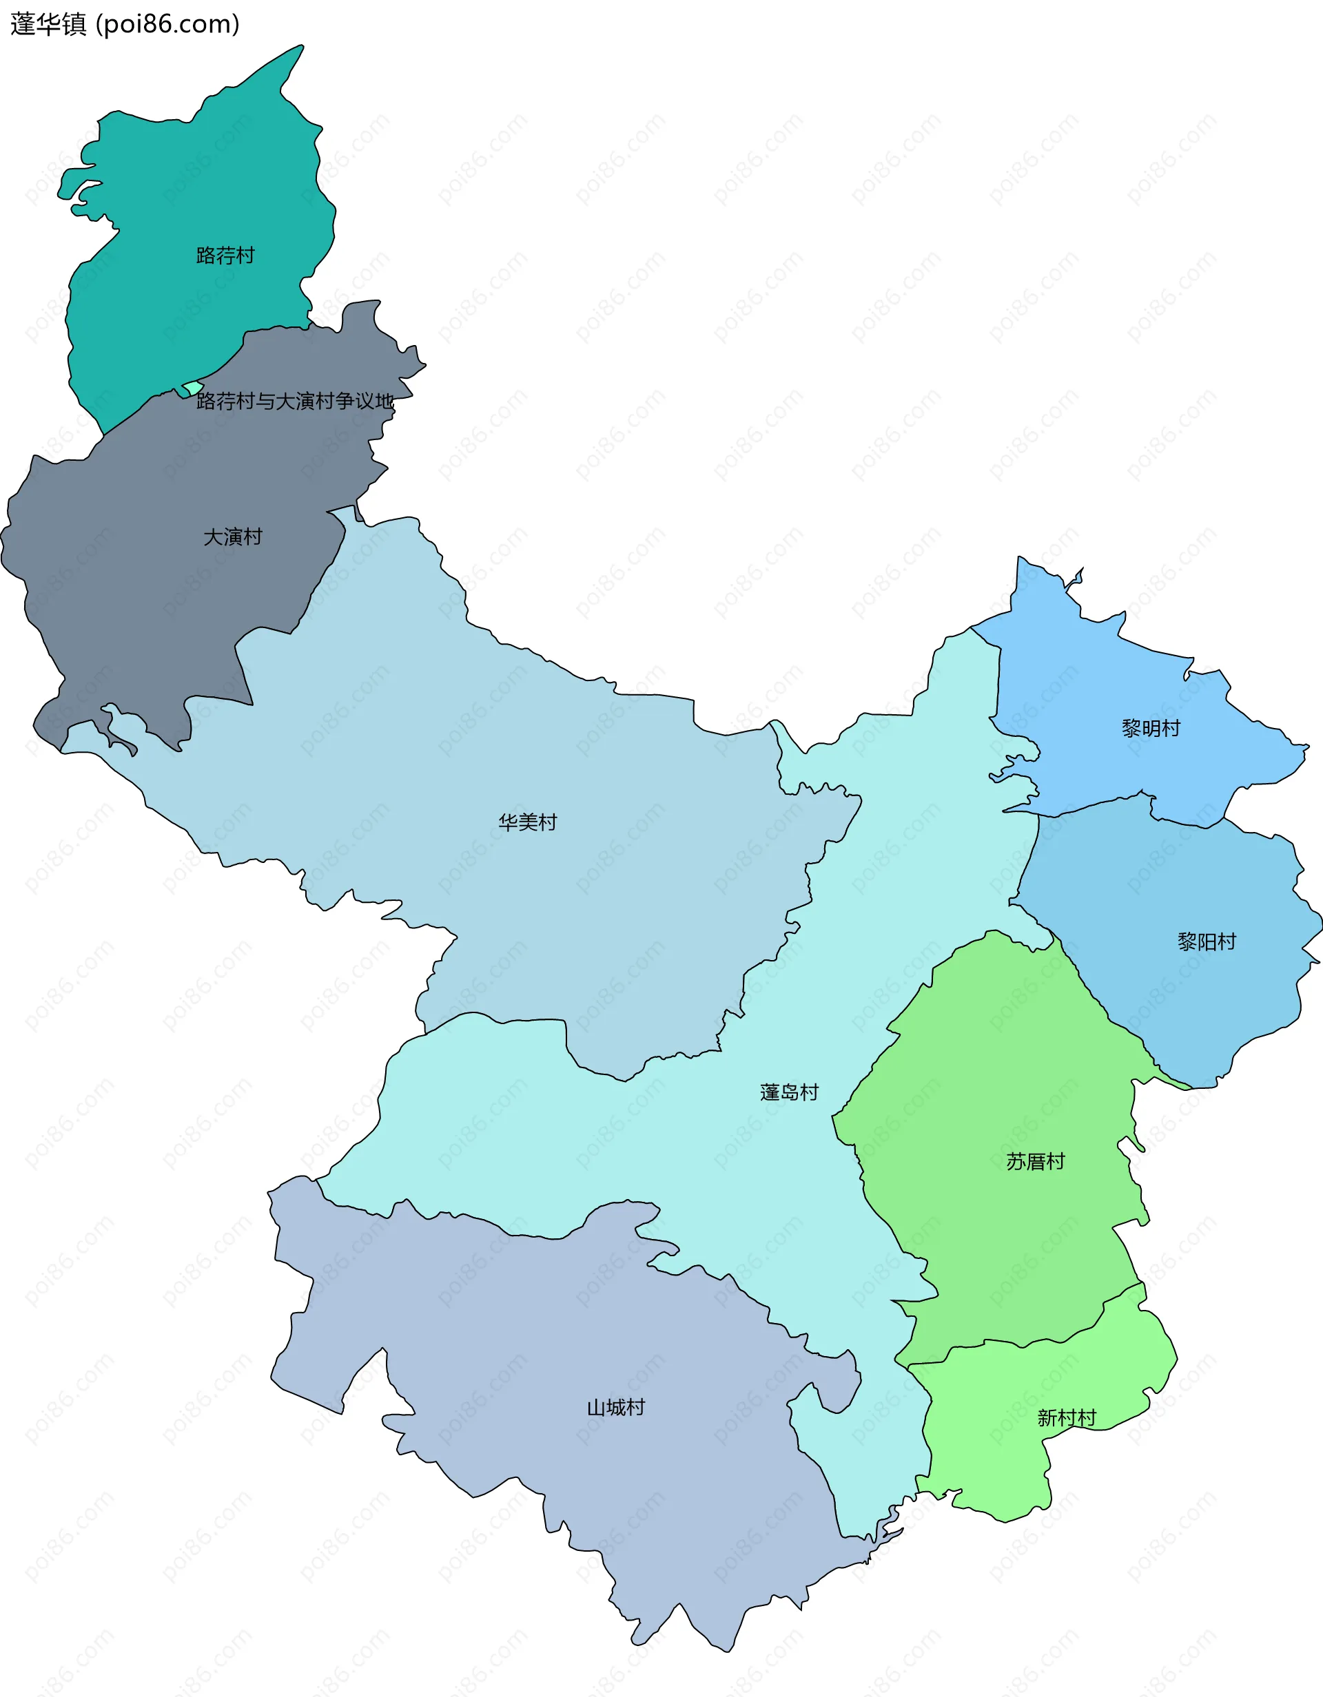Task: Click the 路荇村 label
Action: [225, 256]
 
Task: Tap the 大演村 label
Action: [232, 537]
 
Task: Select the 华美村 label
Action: [528, 822]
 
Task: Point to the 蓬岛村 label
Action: [789, 1092]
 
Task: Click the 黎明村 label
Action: [1151, 728]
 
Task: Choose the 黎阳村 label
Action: [1207, 941]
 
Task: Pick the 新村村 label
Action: [1067, 1418]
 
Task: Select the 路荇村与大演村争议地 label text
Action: [296, 401]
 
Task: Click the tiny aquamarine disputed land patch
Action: [192, 387]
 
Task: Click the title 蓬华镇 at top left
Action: [48, 24]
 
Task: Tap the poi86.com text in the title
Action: [167, 24]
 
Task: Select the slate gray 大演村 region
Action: [156, 590]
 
